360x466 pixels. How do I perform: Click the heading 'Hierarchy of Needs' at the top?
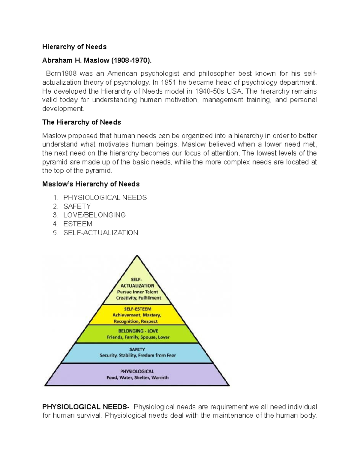click(74, 47)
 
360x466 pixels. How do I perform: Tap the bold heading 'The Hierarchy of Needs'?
click(81, 122)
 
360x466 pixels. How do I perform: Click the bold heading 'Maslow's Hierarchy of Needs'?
click(91, 184)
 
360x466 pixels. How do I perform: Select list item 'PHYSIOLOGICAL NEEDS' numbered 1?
click(105, 197)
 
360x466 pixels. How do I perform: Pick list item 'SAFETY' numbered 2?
click(77, 206)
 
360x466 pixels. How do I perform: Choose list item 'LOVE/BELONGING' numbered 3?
click(94, 215)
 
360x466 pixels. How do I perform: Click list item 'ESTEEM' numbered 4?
click(78, 224)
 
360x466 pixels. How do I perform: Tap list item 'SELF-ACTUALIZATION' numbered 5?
click(100, 233)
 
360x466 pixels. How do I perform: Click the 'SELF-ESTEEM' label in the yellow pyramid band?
click(137, 309)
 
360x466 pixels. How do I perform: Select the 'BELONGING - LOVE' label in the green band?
click(138, 331)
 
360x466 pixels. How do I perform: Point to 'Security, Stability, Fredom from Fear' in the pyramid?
click(138, 355)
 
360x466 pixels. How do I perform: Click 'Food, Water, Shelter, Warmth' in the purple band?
click(137, 378)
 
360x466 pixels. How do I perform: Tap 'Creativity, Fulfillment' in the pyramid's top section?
click(139, 298)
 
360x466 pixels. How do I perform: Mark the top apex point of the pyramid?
click(137, 256)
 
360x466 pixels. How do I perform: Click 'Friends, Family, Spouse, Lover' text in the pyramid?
click(138, 337)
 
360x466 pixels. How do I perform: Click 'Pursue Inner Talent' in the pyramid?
click(137, 292)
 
